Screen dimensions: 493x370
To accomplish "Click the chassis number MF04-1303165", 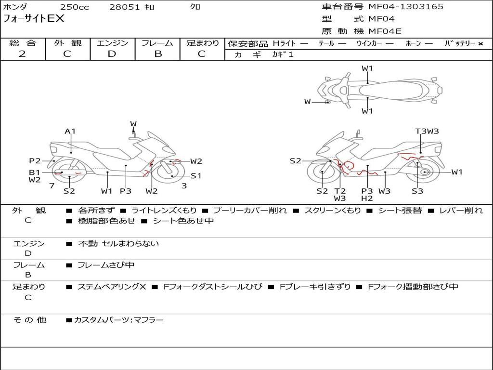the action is click(406, 7).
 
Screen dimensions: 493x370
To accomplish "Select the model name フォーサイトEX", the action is click(33, 19).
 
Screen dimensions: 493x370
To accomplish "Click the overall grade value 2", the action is click(22, 54).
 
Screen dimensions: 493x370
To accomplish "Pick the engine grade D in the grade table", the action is click(112, 54).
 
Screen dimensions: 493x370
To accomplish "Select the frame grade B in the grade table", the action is click(158, 54).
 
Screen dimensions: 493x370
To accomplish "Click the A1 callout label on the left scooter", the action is click(70, 131).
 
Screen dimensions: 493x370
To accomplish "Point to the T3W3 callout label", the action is click(427, 131).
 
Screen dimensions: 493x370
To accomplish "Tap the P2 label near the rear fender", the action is click(35, 161).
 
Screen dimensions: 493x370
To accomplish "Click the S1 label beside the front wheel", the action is click(196, 176).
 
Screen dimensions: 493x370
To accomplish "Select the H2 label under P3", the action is click(367, 198).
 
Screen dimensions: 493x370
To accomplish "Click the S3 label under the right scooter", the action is click(417, 191).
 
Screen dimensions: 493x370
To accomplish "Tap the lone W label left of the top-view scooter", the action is click(308, 102).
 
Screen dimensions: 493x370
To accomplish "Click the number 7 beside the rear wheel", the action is click(52, 185).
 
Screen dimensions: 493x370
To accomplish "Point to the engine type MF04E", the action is click(385, 31).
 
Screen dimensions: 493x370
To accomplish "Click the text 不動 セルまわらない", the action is click(118, 243).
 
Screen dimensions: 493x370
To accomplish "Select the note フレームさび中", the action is click(106, 265).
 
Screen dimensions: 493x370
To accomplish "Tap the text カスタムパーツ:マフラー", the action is click(119, 320).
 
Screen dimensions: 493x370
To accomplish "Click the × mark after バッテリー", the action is click(480, 44).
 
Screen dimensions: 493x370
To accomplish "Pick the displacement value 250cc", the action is click(75, 7).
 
